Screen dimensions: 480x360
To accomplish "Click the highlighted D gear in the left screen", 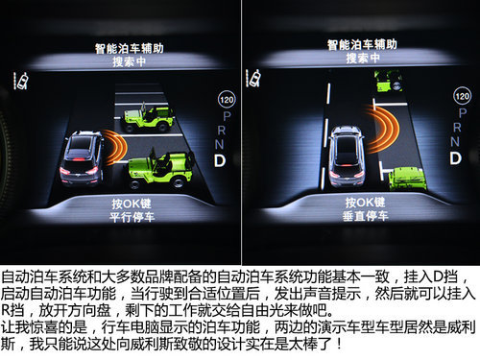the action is click(220, 161).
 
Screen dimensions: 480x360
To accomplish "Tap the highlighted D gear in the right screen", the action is click(456, 158).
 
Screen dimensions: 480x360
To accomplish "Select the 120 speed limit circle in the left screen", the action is click(227, 100).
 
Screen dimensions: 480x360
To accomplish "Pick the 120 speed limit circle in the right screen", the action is click(462, 96).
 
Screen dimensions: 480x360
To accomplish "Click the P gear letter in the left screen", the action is click(227, 116).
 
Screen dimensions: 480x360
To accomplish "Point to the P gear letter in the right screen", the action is click(463, 112).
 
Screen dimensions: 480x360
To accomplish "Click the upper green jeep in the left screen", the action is click(148, 117).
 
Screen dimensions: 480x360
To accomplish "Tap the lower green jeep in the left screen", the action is click(161, 169).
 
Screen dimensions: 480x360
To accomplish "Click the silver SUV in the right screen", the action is click(347, 156).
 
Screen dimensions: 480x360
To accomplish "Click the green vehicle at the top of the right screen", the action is click(388, 81).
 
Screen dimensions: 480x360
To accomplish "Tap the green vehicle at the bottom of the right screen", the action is click(407, 180).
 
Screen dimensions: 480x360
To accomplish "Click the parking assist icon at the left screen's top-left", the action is click(20, 81).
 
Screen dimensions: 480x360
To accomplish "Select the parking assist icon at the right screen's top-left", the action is click(252, 78).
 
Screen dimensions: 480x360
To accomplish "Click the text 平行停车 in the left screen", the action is click(132, 217).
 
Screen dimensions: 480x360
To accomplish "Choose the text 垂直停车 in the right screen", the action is click(366, 216).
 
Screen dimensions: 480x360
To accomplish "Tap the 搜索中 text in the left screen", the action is click(130, 61).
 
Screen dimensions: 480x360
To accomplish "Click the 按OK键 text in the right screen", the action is click(365, 203).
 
